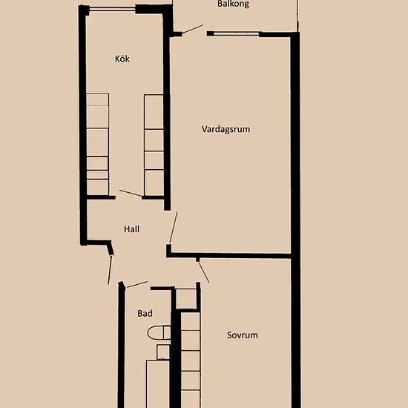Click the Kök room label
pos(122,59)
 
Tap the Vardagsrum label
pos(226,129)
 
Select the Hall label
pos(131,229)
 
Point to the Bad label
pos(145,313)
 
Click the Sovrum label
pos(243,335)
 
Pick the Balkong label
pos(234,4)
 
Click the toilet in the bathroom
pos(159,332)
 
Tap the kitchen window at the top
pos(112,10)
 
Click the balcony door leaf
pos(192,29)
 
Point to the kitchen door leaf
pos(131,193)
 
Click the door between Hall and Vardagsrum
pos(174,228)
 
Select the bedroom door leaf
pos(203,272)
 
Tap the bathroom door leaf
pos(137,284)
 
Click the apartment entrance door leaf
pos(110,270)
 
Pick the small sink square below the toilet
pos(163,352)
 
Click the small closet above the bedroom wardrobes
pos(185,299)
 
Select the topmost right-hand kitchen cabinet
pos(154,111)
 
